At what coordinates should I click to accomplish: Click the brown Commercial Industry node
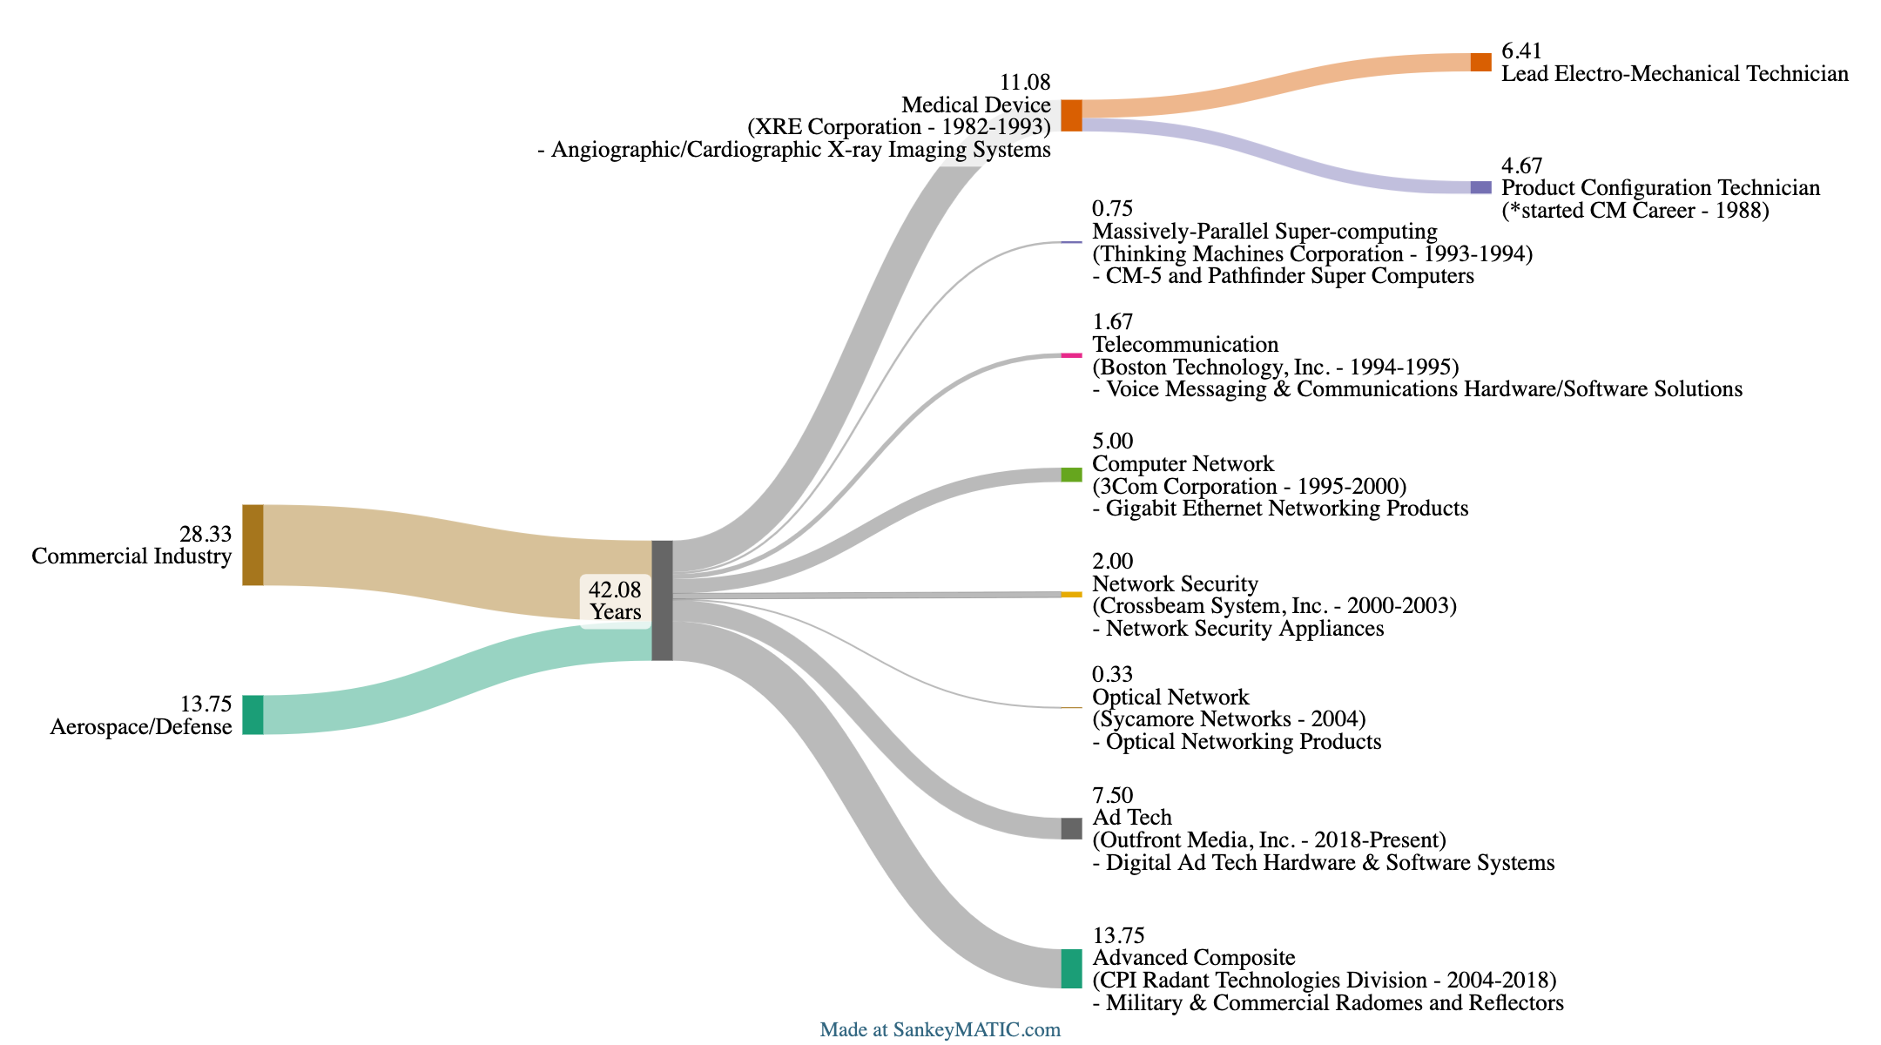coord(253,545)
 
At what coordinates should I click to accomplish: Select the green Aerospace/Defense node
coord(253,715)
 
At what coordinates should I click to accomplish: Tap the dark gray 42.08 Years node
coord(662,600)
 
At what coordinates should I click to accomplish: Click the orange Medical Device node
coord(1071,116)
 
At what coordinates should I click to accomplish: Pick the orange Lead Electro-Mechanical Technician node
coord(1480,62)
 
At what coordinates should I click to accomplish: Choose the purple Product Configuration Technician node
coord(1480,187)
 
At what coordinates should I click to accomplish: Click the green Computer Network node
coord(1071,475)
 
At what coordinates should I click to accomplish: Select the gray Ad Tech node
coord(1071,828)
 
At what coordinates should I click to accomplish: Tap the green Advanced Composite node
coord(1071,968)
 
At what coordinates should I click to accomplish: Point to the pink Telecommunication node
coord(1071,355)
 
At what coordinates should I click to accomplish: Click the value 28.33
coord(206,534)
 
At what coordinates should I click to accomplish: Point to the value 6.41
coord(1521,51)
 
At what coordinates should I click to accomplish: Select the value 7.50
coord(1113,795)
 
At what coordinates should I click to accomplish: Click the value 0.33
coord(1113,674)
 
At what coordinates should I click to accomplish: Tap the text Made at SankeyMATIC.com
coord(940,1030)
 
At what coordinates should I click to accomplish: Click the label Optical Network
coord(1170,697)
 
